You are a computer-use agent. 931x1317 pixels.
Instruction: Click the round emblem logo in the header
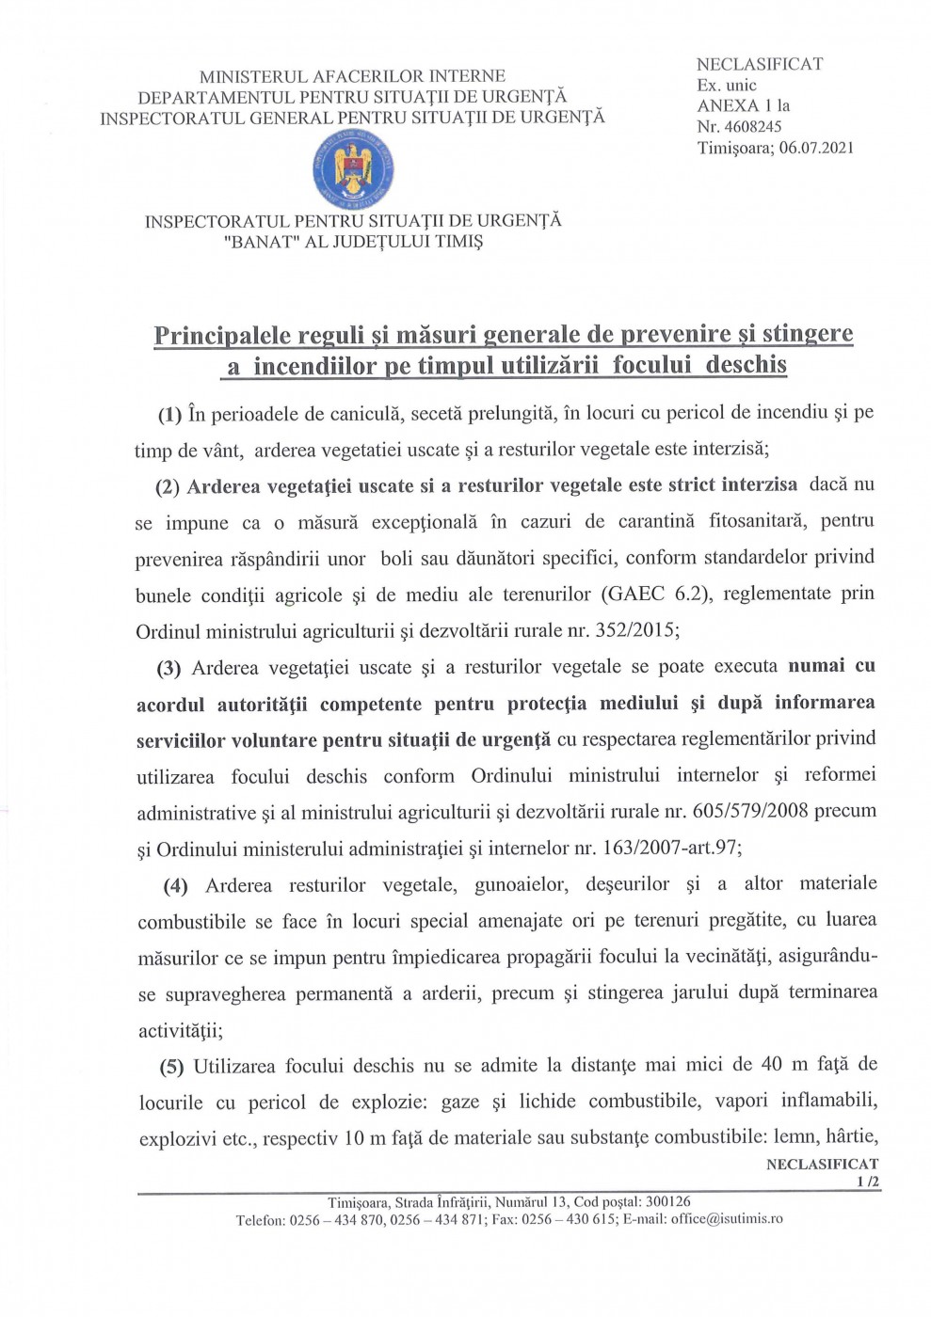click(x=353, y=170)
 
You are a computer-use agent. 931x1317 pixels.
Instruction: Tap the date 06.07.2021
click(x=816, y=148)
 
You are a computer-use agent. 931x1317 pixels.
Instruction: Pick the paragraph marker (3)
click(x=169, y=669)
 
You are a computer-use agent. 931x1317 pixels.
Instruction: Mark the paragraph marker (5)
click(x=170, y=1067)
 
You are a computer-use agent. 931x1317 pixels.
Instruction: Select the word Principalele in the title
click(x=223, y=336)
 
